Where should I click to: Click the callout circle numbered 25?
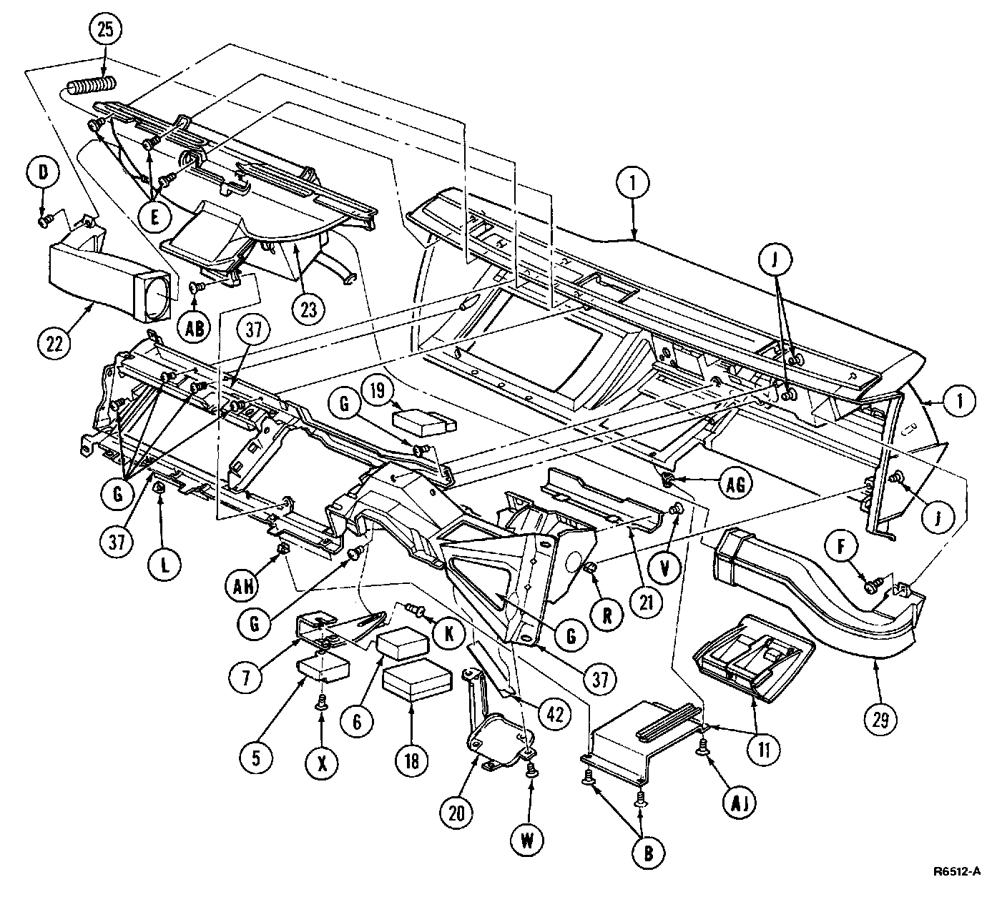(106, 31)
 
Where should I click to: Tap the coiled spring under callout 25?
(92, 87)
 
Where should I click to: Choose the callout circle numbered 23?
(308, 310)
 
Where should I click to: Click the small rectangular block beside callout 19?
(424, 422)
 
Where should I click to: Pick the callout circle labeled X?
(322, 763)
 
